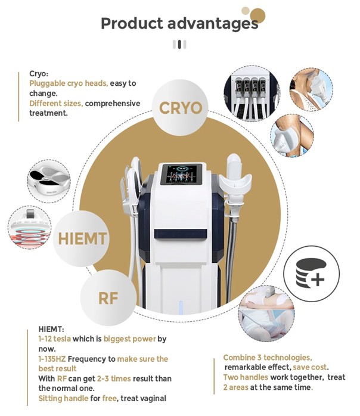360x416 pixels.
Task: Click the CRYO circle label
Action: [181, 108]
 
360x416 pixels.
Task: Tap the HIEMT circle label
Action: [82, 238]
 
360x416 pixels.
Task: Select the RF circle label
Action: [108, 298]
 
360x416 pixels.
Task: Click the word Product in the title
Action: [132, 23]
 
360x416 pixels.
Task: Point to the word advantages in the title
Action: [213, 24]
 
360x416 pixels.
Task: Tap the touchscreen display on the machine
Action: [181, 174]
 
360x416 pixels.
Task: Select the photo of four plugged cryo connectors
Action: [251, 94]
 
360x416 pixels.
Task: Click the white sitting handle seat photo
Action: [49, 181]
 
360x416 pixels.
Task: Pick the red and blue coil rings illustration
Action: [29, 227]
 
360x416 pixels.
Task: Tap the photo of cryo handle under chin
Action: [311, 89]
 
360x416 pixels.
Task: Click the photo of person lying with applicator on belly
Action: [266, 313]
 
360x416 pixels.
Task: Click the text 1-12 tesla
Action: [55, 339]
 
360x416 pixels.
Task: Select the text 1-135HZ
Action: [52, 359]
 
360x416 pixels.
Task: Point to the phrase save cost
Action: [310, 367]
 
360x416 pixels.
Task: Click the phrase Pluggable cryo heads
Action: [69, 83]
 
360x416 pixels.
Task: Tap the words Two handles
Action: [246, 377]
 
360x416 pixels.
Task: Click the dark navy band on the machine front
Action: [181, 234]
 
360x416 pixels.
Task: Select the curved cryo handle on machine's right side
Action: [235, 181]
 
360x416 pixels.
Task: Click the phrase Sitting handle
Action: [63, 398]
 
